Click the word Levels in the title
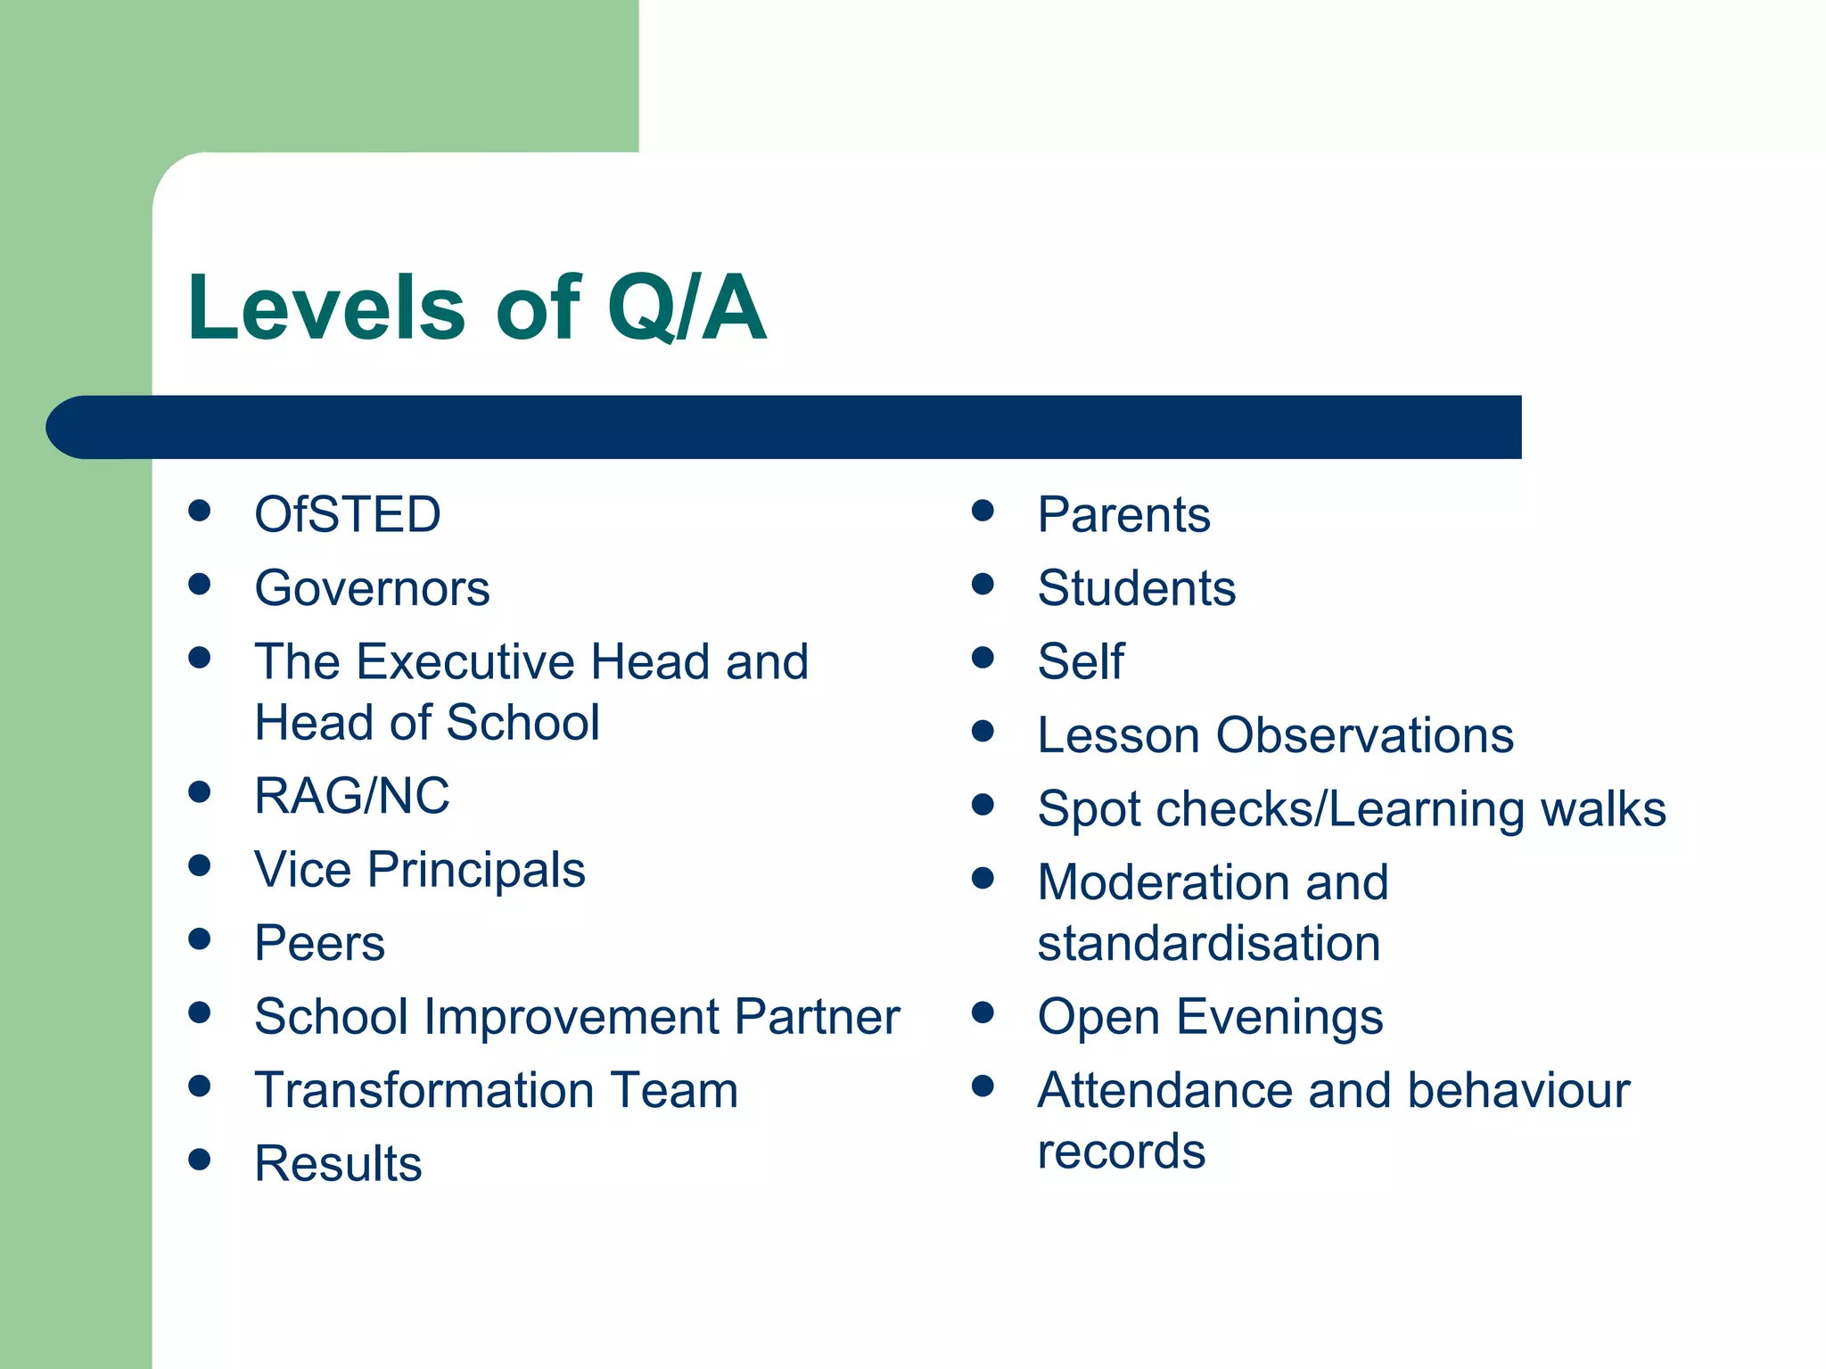(x=325, y=308)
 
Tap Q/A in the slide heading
(x=686, y=308)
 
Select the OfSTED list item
(x=347, y=514)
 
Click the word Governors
(x=372, y=588)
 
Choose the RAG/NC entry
(x=351, y=795)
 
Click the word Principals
(x=476, y=870)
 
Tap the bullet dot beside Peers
(x=200, y=939)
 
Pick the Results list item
(x=338, y=1164)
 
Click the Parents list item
(x=1123, y=514)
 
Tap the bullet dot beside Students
(x=983, y=585)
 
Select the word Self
(x=1081, y=661)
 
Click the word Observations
(x=1364, y=735)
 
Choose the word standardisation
(x=1208, y=943)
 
